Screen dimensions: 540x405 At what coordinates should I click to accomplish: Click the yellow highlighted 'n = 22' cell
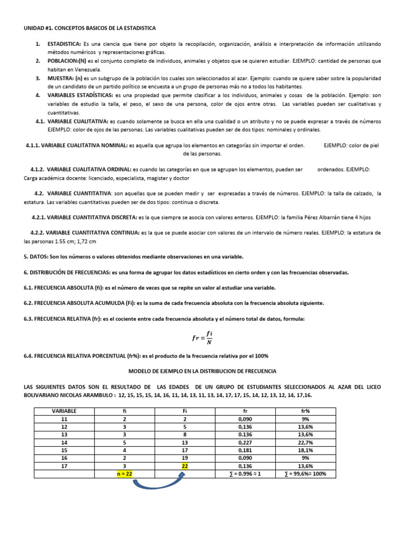pos(121,474)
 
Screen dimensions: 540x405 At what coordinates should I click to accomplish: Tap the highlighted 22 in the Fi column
pos(185,466)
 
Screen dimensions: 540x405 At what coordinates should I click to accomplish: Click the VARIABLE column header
pos(64,410)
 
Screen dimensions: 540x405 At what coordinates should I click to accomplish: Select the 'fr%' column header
pos(305,410)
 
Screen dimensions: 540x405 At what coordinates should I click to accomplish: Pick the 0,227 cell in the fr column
pos(245,442)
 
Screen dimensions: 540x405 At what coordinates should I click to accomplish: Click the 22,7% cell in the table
pos(305,442)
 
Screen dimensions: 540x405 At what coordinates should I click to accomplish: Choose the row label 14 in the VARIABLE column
pos(64,442)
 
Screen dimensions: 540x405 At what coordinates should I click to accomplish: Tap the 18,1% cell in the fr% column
pos(305,450)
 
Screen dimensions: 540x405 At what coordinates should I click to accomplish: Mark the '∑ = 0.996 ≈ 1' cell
pos(245,474)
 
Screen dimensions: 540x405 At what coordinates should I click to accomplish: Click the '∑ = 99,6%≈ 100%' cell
pos(305,474)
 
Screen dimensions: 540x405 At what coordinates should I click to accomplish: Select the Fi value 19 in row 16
pos(185,458)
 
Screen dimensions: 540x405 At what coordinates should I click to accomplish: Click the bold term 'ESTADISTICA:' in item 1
pos(64,44)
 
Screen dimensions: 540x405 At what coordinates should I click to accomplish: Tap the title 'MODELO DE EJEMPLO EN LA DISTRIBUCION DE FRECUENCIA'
pos(203,371)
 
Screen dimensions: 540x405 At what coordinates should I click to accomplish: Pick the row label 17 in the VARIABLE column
pos(64,466)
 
